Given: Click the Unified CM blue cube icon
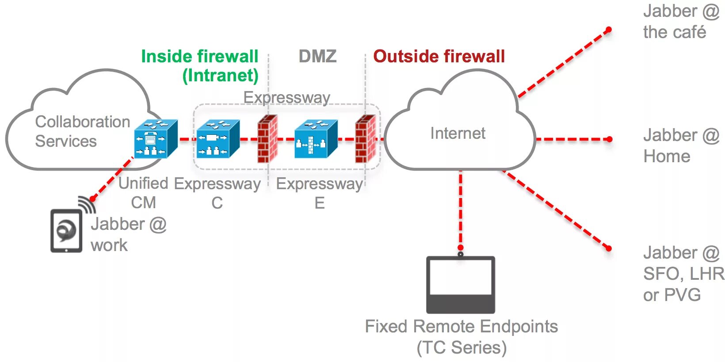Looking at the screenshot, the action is tap(156, 139).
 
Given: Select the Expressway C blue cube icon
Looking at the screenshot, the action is tap(218, 139).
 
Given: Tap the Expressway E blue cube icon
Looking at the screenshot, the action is tap(316, 139).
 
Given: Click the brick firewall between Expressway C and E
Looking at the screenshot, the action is tap(267, 139).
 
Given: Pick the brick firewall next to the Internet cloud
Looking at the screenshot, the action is tap(366, 139).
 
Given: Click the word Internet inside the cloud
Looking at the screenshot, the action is tap(458, 133).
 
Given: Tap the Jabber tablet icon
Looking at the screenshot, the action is tap(66, 231).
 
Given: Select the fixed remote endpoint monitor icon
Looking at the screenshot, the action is tap(461, 284).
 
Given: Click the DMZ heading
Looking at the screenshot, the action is tap(317, 56).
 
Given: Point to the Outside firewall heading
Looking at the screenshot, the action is tap(439, 56).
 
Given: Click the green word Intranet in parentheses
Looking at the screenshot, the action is tap(221, 76).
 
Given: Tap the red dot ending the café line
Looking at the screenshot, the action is tap(608, 30).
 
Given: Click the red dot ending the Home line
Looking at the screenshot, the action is tap(609, 139).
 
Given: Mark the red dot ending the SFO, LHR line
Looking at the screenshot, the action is tap(608, 248).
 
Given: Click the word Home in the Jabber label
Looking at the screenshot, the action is tap(667, 156).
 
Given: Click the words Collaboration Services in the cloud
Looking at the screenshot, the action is tap(82, 131).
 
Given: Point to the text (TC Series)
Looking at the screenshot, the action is tap(462, 348).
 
